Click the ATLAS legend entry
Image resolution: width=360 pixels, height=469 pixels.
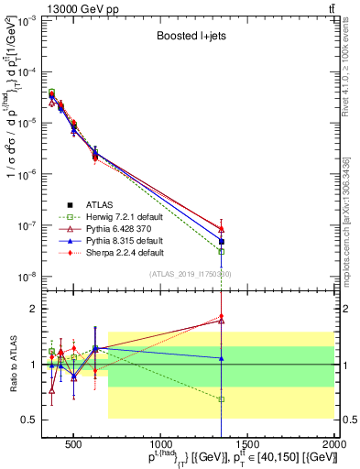click(101, 204)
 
